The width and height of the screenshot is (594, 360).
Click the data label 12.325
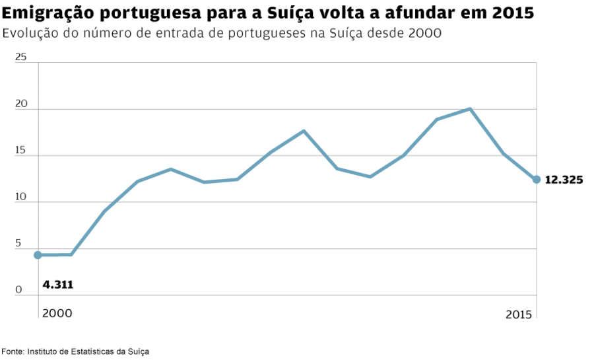(564, 180)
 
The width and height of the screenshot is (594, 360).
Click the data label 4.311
(57, 285)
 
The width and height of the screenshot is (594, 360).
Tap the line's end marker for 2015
(537, 179)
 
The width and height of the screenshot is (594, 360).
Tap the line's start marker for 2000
(38, 255)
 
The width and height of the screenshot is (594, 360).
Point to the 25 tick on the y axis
(20, 57)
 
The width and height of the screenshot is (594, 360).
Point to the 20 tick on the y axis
(20, 103)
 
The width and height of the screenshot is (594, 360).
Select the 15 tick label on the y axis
(20, 150)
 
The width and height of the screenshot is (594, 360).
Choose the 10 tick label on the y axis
(20, 196)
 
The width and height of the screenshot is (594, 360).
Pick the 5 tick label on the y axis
(18, 243)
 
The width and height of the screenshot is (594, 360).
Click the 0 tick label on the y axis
(18, 289)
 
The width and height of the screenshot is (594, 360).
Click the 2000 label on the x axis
(57, 314)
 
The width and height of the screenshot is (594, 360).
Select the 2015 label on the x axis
(519, 314)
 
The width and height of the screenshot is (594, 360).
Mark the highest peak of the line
(469, 108)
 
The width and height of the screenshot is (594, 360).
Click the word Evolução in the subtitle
(30, 34)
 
